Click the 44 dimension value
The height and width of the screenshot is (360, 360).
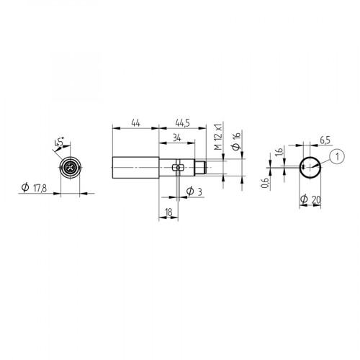tap(135, 123)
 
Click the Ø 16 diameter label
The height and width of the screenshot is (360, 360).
tap(236, 138)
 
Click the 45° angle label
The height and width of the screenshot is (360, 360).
tap(57, 144)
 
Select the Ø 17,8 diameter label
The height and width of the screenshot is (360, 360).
tap(35, 188)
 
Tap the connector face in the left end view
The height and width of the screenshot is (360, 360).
tap(70, 168)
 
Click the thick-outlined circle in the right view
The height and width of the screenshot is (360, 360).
tap(310, 168)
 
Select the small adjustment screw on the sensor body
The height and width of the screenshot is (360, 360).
tap(179, 168)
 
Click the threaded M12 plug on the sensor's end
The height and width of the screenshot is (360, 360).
tap(209, 168)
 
